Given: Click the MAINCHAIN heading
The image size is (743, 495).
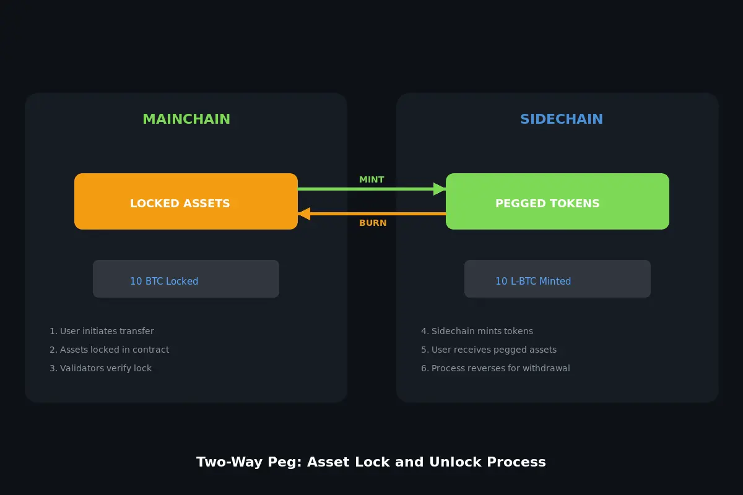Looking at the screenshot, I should (x=186, y=119).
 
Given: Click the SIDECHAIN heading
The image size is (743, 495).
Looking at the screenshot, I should (x=561, y=119).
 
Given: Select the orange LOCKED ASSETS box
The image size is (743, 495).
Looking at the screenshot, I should (x=186, y=202).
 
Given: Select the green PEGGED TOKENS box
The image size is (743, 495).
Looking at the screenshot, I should (x=557, y=202).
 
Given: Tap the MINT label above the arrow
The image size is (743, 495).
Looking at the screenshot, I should (x=371, y=180).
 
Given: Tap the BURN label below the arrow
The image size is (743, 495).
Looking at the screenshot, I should (x=373, y=223).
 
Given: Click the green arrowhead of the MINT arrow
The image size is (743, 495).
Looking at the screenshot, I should (x=440, y=189).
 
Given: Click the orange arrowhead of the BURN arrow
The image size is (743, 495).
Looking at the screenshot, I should (x=304, y=213).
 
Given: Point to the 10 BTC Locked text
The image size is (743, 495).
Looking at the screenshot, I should (x=164, y=282).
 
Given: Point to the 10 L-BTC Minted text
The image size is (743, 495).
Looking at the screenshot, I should (x=532, y=282).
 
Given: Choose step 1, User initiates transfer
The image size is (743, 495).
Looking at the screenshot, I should (x=102, y=331).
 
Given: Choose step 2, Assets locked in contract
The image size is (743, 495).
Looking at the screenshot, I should (x=109, y=350).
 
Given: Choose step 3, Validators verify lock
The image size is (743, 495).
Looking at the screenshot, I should (x=100, y=368).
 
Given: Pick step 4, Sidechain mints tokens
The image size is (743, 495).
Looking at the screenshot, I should (x=477, y=331).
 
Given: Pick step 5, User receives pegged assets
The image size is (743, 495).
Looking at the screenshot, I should (x=489, y=350).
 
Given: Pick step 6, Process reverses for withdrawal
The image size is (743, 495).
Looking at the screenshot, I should (x=495, y=368).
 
